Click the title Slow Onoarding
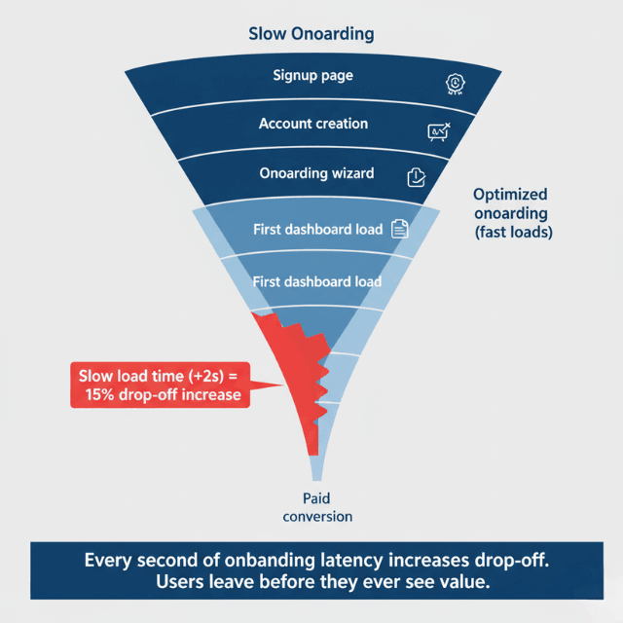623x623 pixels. coord(311,34)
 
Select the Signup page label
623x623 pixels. coord(312,76)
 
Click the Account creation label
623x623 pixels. coord(312,124)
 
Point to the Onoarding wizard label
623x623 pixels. coord(316,173)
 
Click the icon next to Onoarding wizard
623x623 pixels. coord(416,176)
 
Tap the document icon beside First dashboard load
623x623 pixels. coord(399,229)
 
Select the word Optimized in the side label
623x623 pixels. coord(509,195)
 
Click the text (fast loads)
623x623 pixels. coord(513,234)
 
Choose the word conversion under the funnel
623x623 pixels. coord(317,516)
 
